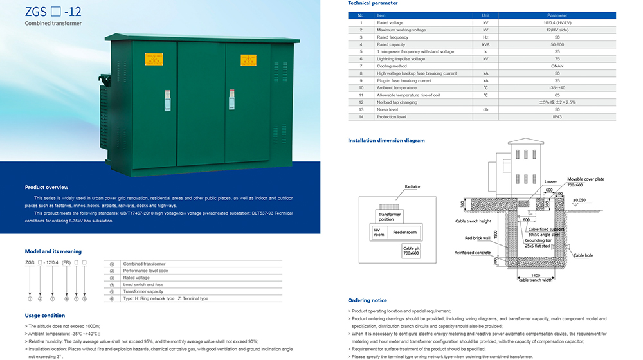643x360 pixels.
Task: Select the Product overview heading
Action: [x=46, y=187]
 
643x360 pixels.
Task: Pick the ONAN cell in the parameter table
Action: [x=557, y=66]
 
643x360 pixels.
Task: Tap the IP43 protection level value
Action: [x=557, y=117]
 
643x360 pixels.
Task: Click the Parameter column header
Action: [x=557, y=15]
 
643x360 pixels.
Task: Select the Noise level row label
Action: [x=388, y=109]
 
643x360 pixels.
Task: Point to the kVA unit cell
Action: [x=485, y=44]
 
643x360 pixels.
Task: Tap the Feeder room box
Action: [x=404, y=232]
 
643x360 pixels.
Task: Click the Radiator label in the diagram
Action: [x=412, y=186]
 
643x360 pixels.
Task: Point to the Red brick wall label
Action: [x=478, y=238]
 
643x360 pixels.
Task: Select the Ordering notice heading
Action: [x=367, y=300]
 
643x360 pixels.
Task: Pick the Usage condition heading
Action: [x=44, y=316]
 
